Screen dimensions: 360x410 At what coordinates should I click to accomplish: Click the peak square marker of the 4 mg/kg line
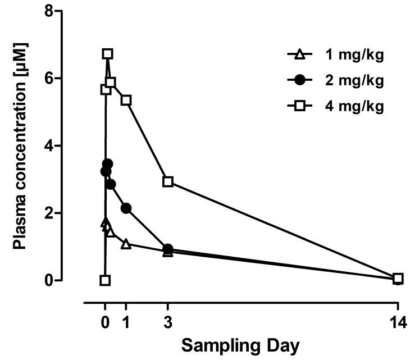pos(107,54)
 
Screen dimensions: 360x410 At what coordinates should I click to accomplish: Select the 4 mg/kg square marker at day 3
pos(167,181)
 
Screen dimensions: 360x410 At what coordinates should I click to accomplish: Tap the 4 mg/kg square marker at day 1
pos(126,100)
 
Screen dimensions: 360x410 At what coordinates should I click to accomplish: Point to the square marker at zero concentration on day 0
pos(105,280)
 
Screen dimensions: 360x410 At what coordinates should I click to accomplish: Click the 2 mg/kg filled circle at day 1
pos(126,208)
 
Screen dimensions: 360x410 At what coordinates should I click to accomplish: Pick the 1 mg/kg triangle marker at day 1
pos(126,244)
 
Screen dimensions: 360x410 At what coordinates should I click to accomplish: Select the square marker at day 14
pos(398,278)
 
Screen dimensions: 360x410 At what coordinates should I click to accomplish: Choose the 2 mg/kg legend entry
pos(335,80)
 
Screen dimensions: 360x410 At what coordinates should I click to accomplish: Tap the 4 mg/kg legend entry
pos(335,107)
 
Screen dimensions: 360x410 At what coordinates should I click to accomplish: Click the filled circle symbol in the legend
pos(300,80)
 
